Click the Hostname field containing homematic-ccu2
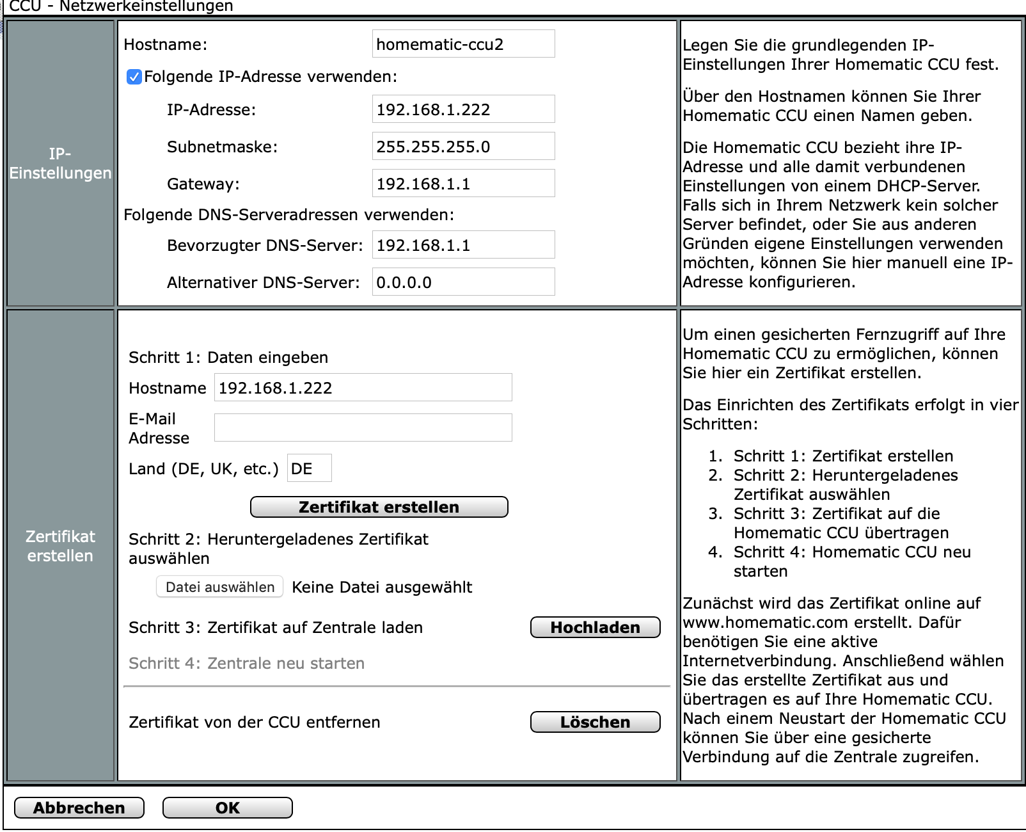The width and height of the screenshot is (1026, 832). (x=463, y=44)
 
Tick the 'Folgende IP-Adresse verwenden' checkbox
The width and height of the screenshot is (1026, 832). (x=134, y=77)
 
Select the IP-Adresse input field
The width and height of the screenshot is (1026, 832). (x=463, y=109)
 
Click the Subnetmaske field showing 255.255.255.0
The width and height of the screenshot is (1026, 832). (x=463, y=147)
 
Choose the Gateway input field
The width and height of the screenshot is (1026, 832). (x=463, y=184)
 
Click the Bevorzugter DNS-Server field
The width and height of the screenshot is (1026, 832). (x=463, y=245)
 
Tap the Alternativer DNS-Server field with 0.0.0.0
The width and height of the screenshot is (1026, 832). (x=463, y=282)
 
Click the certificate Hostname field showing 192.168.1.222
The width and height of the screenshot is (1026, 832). (x=363, y=388)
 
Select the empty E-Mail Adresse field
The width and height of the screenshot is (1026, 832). (x=363, y=428)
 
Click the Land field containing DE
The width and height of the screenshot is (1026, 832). (x=309, y=468)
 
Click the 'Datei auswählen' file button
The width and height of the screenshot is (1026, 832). (x=219, y=587)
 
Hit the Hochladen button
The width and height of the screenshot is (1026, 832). (x=595, y=627)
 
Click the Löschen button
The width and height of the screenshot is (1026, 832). (x=595, y=722)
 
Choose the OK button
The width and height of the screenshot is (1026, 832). (x=227, y=808)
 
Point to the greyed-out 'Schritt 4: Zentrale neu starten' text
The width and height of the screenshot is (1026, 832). (x=246, y=663)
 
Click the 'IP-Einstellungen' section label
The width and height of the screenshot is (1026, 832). (x=60, y=163)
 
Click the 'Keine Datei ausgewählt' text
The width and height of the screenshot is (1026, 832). (x=382, y=587)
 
